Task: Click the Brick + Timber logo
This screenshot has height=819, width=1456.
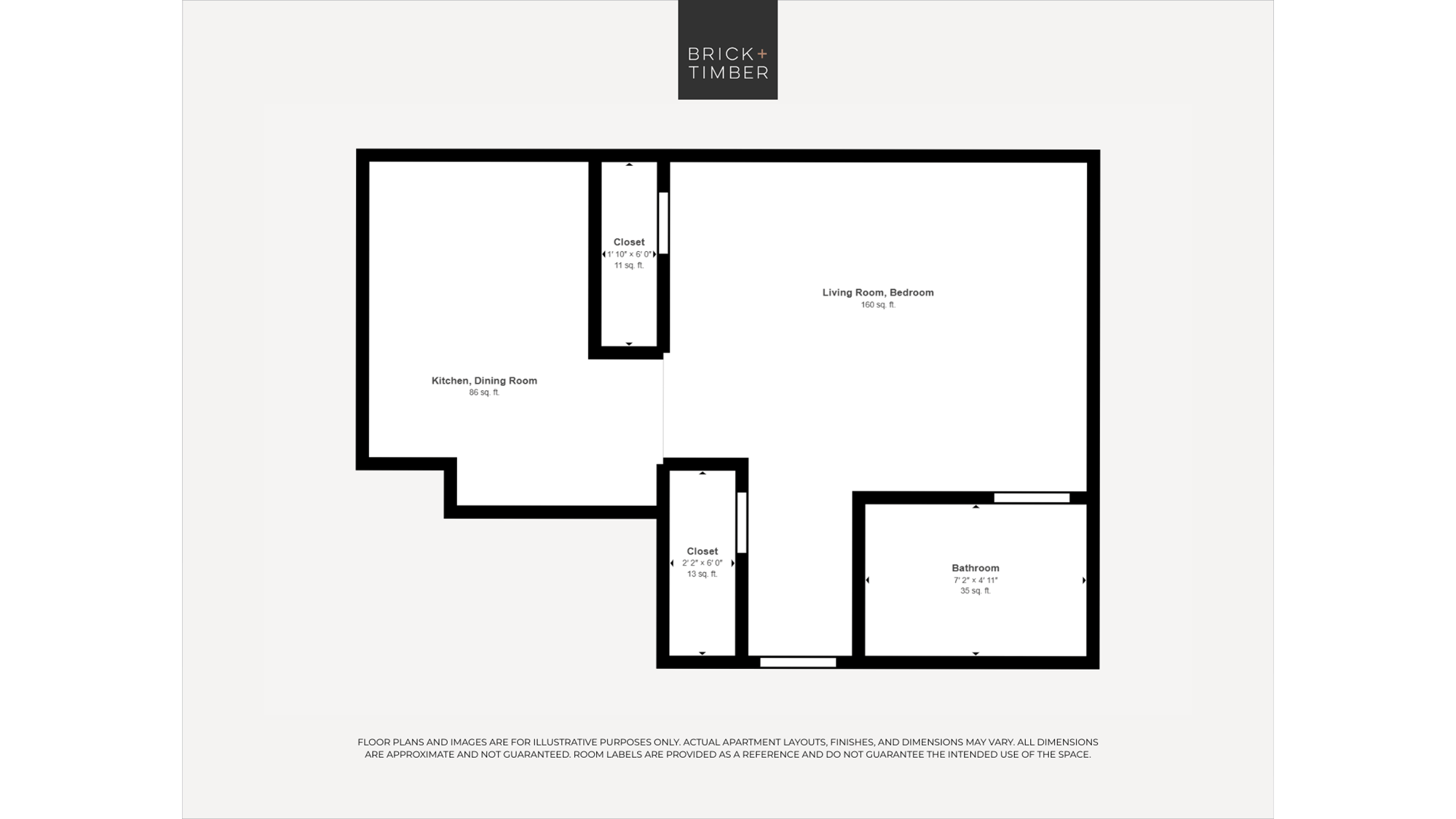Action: (727, 50)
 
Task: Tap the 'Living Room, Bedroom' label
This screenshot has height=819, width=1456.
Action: (878, 293)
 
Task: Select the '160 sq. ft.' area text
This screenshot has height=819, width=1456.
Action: (878, 305)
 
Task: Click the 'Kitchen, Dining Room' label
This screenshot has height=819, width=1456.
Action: (484, 381)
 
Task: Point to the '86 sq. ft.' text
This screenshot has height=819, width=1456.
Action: (484, 392)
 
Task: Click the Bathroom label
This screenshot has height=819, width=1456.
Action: (976, 568)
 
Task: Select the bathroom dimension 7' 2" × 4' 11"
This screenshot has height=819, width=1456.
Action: (976, 580)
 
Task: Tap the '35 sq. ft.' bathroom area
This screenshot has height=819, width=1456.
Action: (976, 591)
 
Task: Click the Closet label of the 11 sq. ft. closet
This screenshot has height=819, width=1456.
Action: (629, 242)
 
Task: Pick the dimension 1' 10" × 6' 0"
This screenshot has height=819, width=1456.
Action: (629, 254)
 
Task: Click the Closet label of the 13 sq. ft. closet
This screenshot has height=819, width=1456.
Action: (703, 551)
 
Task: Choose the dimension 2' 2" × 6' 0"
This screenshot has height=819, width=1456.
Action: (703, 563)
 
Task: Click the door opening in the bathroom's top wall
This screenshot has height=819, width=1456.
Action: (1032, 498)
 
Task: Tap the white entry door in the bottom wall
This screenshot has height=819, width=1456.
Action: (798, 662)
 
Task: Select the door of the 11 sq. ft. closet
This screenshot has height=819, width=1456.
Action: (663, 223)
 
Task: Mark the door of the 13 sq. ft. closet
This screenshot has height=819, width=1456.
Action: (742, 523)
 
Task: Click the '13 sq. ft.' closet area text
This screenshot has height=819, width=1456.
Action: (703, 574)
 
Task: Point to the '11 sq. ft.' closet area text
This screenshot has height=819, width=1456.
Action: (629, 266)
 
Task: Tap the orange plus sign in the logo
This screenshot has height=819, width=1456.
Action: (762, 53)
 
